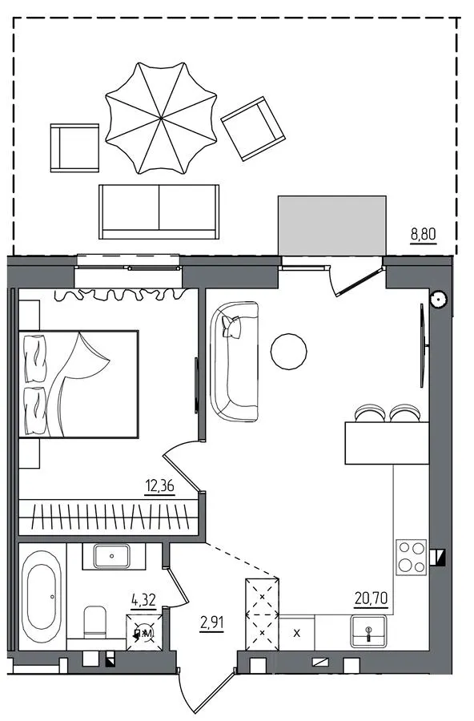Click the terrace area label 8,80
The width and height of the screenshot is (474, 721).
click(423, 235)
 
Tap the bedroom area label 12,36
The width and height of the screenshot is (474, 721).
click(160, 485)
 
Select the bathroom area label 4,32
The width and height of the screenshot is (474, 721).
click(143, 600)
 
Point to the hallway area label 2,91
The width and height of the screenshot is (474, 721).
click(212, 623)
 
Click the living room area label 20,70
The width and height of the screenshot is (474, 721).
click(371, 598)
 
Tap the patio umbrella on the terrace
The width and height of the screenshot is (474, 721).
click(161, 119)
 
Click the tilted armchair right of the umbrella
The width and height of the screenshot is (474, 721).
click(253, 128)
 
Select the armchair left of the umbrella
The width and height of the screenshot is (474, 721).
click(74, 147)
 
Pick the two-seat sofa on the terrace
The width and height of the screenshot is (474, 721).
click(159, 211)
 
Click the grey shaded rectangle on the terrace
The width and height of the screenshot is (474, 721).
click(332, 225)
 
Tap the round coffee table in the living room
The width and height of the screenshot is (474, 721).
click(289, 352)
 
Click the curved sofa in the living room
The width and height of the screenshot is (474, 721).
click(234, 361)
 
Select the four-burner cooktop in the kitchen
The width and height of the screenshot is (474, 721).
click(412, 557)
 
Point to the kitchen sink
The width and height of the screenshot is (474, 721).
click(368, 631)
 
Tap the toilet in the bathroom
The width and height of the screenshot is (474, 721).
click(94, 622)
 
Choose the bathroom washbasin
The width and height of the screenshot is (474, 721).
click(112, 556)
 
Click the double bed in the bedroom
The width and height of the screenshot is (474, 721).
click(78, 384)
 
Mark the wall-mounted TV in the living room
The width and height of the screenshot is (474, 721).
click(423, 344)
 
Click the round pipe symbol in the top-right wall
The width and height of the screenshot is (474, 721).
click(438, 299)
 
